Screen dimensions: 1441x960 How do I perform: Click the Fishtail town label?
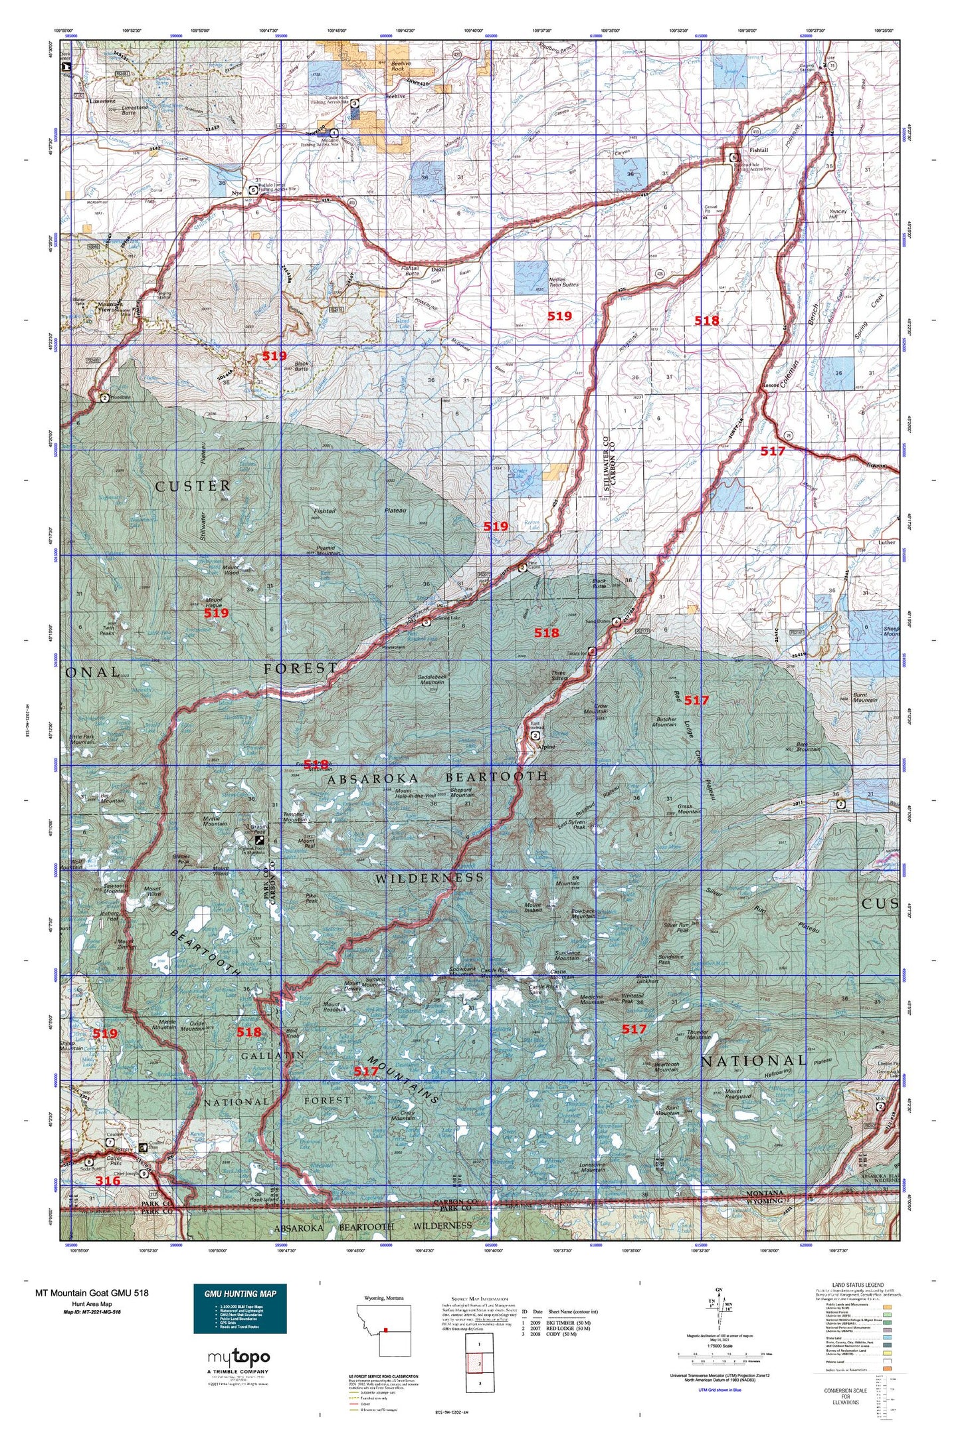758,150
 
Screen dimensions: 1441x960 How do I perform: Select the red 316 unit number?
108,1180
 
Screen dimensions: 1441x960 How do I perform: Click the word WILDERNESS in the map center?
429,879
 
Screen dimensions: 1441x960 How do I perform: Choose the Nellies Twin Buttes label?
564,282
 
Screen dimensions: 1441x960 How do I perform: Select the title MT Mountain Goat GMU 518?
92,1293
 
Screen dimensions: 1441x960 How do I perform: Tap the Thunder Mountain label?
698,1036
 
